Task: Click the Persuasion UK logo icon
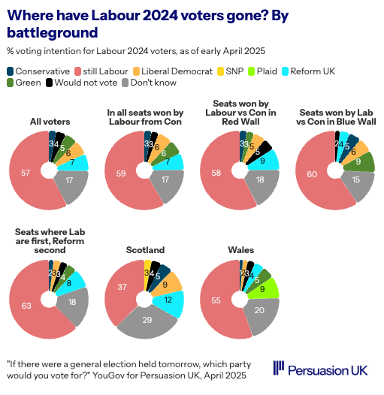pos(278,367)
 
